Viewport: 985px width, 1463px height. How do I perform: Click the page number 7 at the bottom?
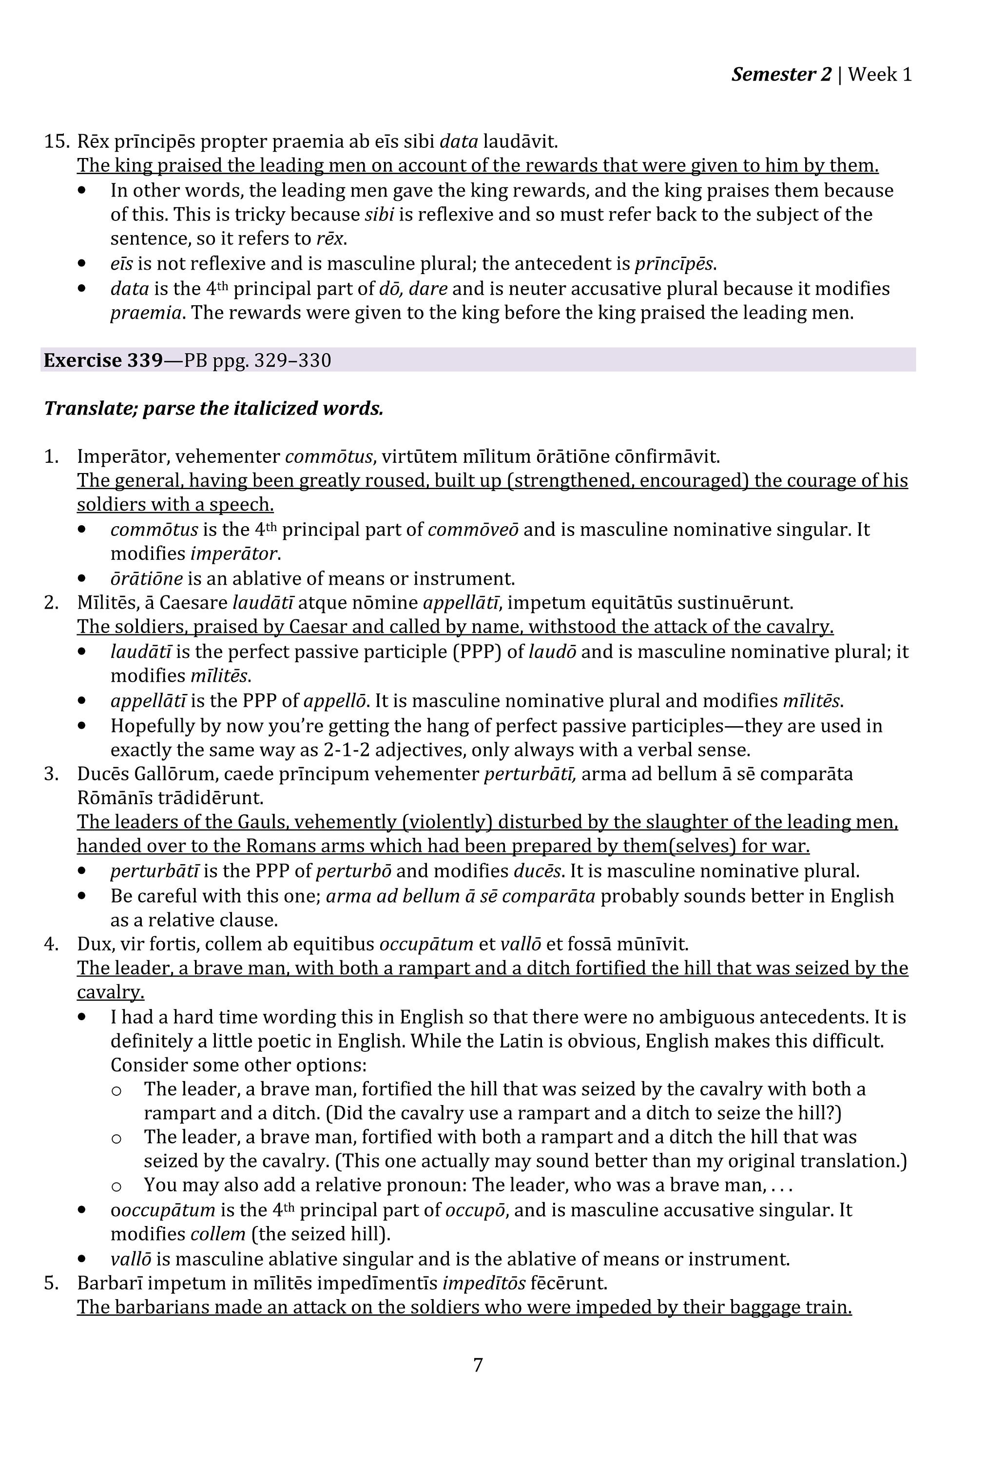coord(478,1364)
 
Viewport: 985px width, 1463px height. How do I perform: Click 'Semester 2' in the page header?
coord(781,74)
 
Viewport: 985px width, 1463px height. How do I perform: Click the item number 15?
coord(56,141)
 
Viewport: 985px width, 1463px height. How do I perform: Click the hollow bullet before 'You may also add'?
coord(116,1186)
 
